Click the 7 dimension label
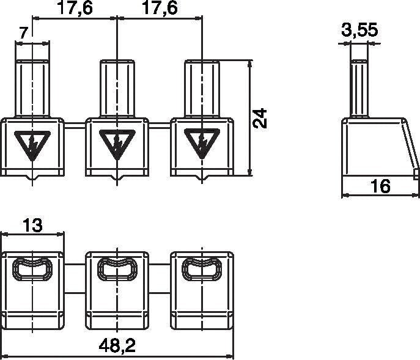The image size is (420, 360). coord(23,34)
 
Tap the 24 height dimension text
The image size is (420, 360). coord(261,118)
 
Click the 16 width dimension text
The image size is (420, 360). coord(380,186)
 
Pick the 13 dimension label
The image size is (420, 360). coord(32,225)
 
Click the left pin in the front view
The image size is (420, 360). coord(31,88)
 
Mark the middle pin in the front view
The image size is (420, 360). coord(116,88)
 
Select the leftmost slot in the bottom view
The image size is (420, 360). coord(31,269)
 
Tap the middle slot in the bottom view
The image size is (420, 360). coord(116,269)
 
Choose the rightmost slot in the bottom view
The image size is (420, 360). coord(201,269)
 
